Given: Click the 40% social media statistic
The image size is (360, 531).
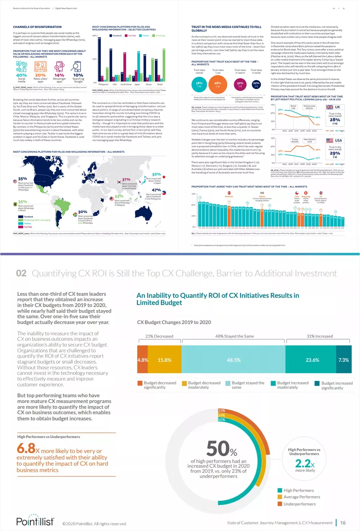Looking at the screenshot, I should coord(21,75).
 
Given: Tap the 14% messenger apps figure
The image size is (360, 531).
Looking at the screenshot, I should coord(59,75).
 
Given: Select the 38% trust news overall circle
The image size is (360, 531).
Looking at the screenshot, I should coord(199,85).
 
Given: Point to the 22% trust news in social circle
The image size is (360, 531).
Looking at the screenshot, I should coord(256,84).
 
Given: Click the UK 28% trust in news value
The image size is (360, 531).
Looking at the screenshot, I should coord(335,120).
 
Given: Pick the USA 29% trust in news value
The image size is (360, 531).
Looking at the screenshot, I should coord(335,153).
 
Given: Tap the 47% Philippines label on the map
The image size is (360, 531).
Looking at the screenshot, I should coord(156,190).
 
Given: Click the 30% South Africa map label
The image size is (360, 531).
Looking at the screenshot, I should coord(83,212).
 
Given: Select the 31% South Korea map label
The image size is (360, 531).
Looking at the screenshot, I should coord(126,179).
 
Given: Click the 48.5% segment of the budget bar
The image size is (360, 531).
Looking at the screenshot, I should coord(233,360).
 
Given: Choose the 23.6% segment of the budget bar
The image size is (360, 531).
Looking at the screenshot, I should coord(312,360).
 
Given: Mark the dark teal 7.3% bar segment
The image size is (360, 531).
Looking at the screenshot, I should coord(344,360).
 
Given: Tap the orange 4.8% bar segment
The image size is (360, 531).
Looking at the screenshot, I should coord(143,360).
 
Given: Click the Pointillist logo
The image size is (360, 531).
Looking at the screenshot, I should coord(35,521).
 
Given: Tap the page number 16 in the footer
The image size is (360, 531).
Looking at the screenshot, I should coord(343,523).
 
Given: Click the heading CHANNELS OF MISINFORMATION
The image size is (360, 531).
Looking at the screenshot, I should coord(37,27).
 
